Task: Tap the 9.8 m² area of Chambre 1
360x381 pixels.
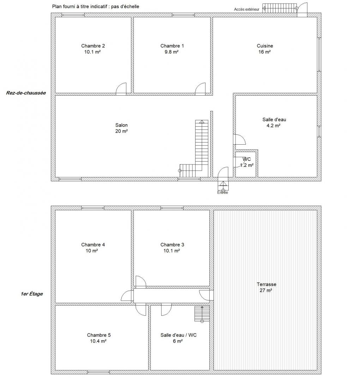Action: point(172,52)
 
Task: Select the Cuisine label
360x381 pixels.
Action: point(265,46)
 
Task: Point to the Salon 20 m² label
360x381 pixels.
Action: point(121,128)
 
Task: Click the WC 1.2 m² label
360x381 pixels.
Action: point(247,162)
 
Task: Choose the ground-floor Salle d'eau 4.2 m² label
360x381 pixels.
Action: point(274,122)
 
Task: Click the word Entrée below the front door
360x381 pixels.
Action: point(223,193)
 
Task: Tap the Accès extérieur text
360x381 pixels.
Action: point(246,10)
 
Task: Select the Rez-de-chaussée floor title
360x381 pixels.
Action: point(26,93)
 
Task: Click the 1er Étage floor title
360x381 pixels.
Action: point(32,294)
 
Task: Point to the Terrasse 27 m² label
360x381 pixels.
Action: point(266,287)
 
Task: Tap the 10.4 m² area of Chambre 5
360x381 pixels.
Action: point(98,341)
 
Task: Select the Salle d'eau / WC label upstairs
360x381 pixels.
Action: point(179,335)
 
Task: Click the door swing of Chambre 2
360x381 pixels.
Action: point(121,89)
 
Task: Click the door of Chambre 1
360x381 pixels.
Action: point(200,89)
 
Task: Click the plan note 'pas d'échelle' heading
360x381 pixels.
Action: point(125,7)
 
